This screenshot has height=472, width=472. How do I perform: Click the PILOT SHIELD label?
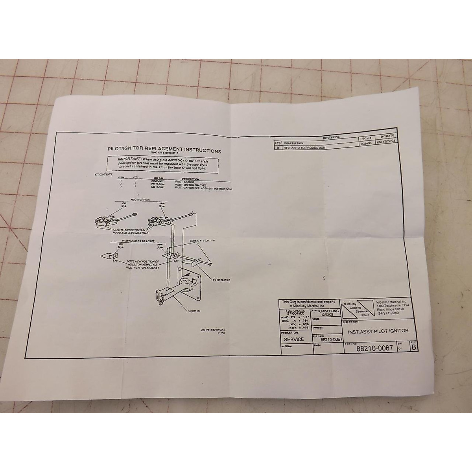221,280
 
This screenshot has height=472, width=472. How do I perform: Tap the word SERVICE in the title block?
293,339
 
